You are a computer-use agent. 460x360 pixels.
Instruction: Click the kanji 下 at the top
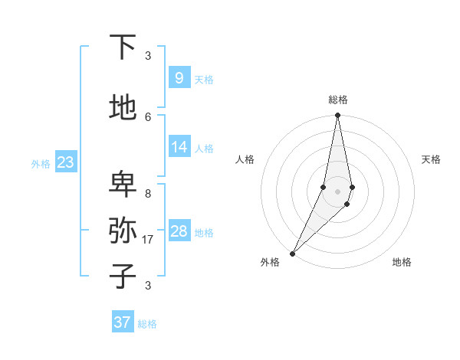123,47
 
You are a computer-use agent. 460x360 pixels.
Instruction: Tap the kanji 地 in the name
123,108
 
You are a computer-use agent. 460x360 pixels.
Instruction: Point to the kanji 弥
123,230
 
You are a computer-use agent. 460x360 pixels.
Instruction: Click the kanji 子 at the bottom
123,276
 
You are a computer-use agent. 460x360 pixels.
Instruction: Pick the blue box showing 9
179,77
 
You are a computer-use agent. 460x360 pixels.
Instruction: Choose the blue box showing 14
179,147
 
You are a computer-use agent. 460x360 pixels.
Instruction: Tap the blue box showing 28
179,231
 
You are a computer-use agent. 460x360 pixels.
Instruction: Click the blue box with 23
65,162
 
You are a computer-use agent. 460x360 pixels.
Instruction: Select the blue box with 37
122,322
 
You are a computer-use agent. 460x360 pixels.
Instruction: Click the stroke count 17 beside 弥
149,240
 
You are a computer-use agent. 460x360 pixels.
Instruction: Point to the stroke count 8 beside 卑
148,194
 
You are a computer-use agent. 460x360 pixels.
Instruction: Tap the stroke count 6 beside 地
148,116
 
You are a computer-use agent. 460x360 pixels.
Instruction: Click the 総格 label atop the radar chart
337,100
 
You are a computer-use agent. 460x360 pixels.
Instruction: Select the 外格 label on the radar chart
270,262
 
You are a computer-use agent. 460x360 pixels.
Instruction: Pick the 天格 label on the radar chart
431,159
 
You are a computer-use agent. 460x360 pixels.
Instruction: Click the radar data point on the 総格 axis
337,116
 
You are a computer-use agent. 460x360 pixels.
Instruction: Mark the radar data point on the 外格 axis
292,253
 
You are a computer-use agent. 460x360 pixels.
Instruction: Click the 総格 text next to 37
147,324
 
